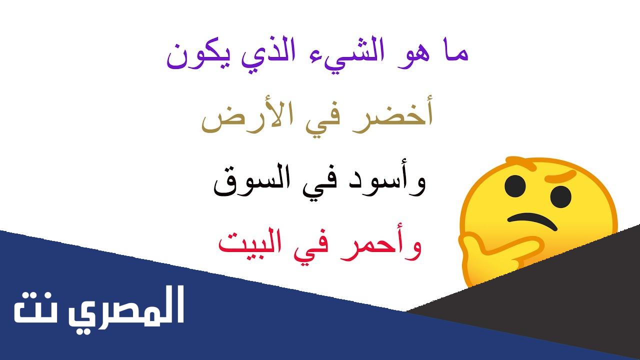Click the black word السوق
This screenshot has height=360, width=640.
[252, 179]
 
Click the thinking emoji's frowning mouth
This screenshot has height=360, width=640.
[532, 221]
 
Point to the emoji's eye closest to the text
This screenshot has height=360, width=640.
[515, 186]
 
